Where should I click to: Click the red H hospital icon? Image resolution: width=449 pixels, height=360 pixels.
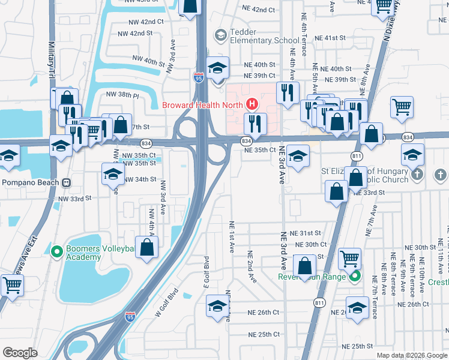point(252,104)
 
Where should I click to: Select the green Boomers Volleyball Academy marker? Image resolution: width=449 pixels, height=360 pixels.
point(57,251)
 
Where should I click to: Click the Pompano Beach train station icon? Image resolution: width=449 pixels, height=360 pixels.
point(67,182)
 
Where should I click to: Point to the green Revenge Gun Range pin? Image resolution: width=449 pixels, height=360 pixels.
point(354,277)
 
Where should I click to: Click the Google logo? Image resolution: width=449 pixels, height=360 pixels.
point(20,353)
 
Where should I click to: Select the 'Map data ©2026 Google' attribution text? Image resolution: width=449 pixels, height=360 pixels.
point(411,355)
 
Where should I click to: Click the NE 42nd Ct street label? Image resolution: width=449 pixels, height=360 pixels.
point(259,10)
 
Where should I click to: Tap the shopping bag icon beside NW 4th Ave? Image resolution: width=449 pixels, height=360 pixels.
point(147,247)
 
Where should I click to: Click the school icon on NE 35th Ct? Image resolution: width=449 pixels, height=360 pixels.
point(297,155)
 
